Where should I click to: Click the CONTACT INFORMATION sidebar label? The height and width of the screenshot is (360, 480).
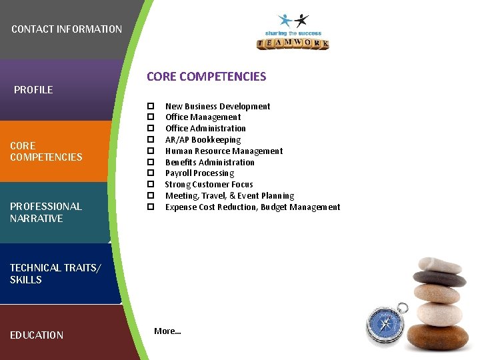67,29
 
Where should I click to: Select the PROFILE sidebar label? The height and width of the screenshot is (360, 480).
33,90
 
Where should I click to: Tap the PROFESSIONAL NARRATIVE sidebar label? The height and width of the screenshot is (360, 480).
45,213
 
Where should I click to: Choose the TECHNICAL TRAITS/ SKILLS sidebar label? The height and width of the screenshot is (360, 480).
55,274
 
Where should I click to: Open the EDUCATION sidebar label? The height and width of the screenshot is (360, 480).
37,335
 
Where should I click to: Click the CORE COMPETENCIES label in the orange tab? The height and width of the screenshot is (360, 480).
46,151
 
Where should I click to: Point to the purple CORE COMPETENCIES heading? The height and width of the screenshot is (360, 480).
206,77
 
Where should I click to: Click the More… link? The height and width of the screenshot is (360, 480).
167,331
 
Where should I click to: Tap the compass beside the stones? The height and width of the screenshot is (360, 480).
387,323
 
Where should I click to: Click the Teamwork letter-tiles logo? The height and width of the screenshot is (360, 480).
293,44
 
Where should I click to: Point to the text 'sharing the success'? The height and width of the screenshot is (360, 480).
293,33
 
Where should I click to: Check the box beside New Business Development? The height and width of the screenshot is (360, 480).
151,106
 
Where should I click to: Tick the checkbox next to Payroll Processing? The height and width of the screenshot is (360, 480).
151,173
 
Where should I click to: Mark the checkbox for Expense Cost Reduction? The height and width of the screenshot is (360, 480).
151,207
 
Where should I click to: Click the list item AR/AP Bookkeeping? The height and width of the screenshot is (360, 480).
203,140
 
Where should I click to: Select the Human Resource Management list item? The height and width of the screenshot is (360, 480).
224,151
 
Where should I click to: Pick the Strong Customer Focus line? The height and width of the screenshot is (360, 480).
209,185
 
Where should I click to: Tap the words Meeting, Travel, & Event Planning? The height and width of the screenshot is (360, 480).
229,196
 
